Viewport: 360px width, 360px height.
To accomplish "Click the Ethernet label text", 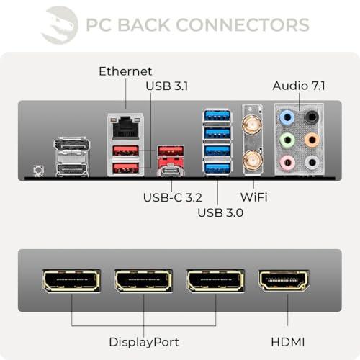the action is [125, 71].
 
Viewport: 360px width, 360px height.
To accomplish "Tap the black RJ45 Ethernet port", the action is [126, 127].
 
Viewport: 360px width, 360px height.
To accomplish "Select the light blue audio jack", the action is [287, 117].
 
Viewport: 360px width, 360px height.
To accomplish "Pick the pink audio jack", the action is [287, 163].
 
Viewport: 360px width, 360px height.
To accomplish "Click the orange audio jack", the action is [312, 140].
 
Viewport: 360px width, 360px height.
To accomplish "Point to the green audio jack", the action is [287, 140].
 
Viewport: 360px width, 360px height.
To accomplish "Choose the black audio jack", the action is [312, 117].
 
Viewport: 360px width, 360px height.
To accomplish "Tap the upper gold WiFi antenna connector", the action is [252, 124].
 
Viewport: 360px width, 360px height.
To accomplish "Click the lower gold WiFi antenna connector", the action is [252, 160].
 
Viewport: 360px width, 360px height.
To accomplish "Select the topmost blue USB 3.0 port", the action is [217, 116].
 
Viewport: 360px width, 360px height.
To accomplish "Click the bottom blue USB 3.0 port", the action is [217, 168].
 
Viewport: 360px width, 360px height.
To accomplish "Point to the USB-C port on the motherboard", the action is [171, 170].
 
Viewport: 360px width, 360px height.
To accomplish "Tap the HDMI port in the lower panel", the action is [284, 281].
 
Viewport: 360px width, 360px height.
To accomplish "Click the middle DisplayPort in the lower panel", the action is [143, 281].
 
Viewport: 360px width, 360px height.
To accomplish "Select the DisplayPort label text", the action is [144, 342].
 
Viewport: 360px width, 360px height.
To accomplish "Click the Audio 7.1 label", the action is [299, 86].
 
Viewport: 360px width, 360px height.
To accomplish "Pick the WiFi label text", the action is [254, 197].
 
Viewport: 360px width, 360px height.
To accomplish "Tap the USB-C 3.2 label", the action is [173, 197].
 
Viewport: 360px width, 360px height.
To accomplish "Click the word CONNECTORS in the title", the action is [243, 24].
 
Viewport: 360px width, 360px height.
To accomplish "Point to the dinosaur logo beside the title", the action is [60, 25].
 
